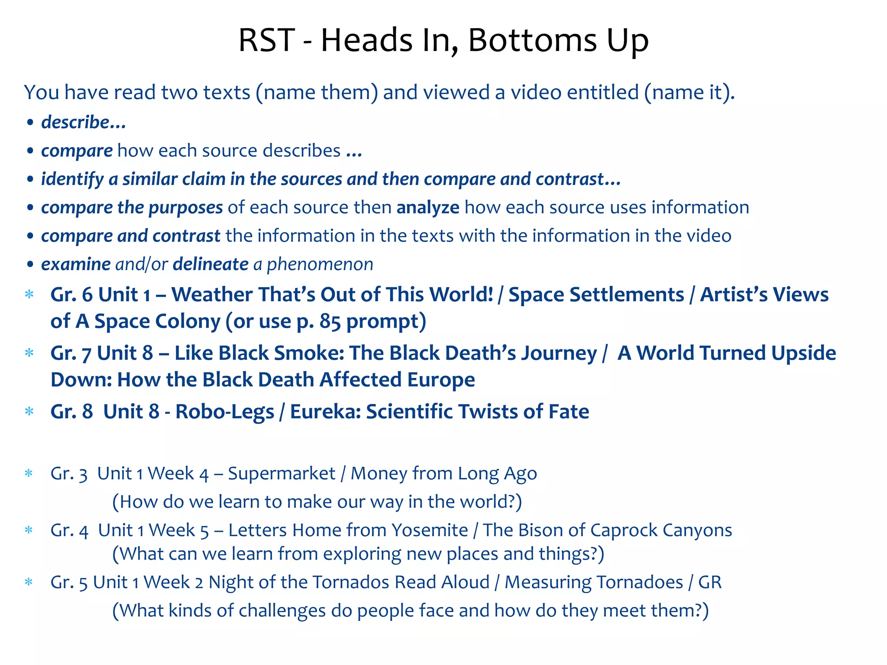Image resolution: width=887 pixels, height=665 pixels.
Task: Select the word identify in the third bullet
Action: coord(72,179)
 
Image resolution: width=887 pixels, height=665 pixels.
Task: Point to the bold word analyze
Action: coord(428,207)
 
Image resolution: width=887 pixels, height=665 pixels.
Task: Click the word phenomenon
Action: coord(320,264)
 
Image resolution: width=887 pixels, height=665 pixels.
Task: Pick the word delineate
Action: coord(210,264)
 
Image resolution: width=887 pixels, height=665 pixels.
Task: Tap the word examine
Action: coord(76,264)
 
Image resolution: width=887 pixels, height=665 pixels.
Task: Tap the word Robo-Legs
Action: coord(224,412)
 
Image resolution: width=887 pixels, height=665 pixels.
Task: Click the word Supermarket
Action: coord(282,474)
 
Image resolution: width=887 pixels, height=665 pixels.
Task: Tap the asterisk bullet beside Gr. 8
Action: coord(29,411)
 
